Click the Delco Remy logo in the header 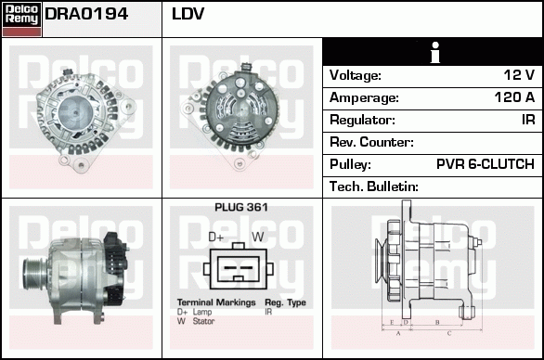[x=21, y=18]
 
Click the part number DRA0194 [x=86, y=16]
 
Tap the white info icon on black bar [x=433, y=52]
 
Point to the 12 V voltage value [x=518, y=75]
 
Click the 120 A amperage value [x=513, y=97]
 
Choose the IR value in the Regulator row [x=526, y=120]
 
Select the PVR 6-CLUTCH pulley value [x=485, y=164]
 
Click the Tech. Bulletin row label [x=374, y=186]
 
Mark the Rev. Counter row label [x=371, y=142]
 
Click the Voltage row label [x=356, y=75]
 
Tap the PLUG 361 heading [x=240, y=207]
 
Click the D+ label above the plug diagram [x=217, y=237]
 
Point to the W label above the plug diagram [x=258, y=237]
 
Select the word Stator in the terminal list [x=203, y=322]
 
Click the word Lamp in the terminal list [x=201, y=313]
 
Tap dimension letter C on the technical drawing [x=448, y=331]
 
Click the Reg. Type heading [x=285, y=303]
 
